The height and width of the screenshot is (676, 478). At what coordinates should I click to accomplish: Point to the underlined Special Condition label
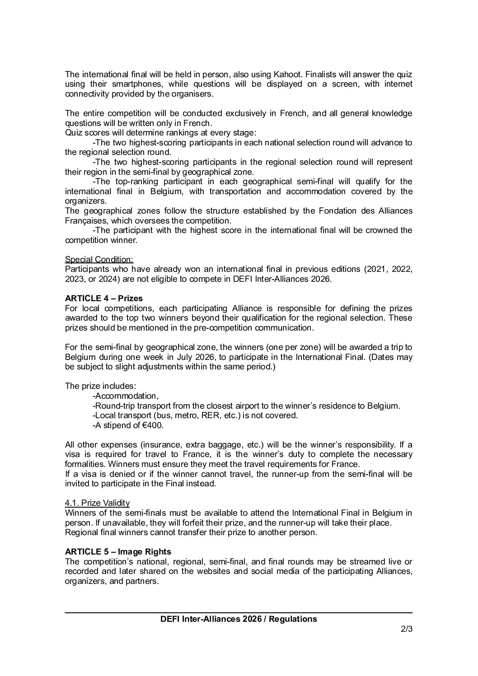point(99,260)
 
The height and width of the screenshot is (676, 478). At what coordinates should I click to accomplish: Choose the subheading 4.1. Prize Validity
point(97,503)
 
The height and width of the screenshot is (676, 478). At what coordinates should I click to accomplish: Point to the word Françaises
point(84,221)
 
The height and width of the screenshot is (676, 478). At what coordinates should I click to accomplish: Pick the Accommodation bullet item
point(125,396)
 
